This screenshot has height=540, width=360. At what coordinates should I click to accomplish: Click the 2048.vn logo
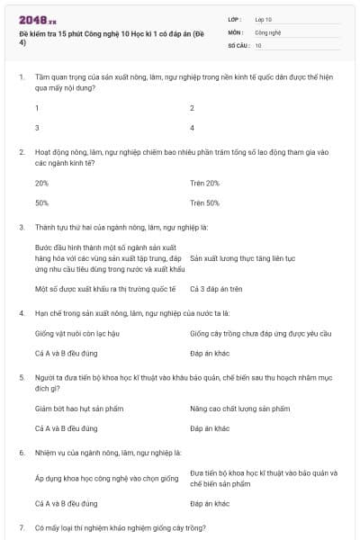coord(38,18)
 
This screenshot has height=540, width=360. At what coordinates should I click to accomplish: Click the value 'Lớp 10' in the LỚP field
coord(264,19)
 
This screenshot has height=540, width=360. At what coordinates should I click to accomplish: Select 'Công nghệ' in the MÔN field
coord(267,31)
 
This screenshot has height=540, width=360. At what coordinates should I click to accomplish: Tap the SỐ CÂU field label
coord(238,44)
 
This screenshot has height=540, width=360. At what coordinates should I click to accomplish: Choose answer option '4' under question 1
coord(193,128)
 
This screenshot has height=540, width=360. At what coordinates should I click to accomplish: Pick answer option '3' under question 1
coord(37,128)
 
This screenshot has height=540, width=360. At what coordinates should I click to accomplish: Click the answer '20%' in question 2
coord(41,183)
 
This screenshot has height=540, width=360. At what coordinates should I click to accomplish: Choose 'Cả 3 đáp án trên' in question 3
coord(217,289)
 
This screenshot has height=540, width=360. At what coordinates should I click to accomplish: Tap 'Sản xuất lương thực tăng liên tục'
coord(243,257)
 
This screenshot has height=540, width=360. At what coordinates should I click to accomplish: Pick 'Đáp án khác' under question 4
coord(211,353)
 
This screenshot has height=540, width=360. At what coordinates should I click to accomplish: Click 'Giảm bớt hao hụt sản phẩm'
coord(75,409)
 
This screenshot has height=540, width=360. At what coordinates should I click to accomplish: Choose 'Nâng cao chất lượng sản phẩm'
coord(239,409)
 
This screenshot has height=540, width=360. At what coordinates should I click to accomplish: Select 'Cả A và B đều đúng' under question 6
coord(67,503)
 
